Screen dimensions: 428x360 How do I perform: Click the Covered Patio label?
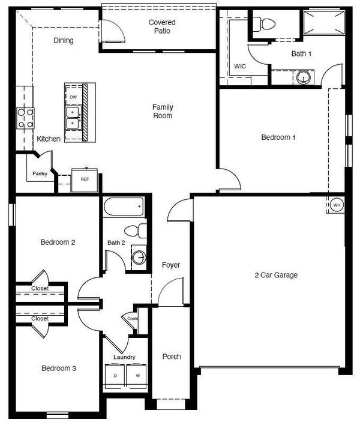(162, 26)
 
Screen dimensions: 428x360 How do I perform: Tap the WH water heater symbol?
(337, 205)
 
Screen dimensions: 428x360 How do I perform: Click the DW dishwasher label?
(73, 97)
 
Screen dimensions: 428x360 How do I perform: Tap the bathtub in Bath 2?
(124, 208)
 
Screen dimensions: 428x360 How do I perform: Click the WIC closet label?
(240, 66)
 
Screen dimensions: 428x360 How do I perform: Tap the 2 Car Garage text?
(276, 276)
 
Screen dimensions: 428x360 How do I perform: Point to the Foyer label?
(171, 265)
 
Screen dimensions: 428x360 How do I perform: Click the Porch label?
(172, 357)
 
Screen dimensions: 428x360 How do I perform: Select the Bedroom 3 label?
(58, 369)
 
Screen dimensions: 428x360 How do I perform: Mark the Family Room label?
(163, 111)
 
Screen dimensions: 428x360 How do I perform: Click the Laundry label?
(124, 357)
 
